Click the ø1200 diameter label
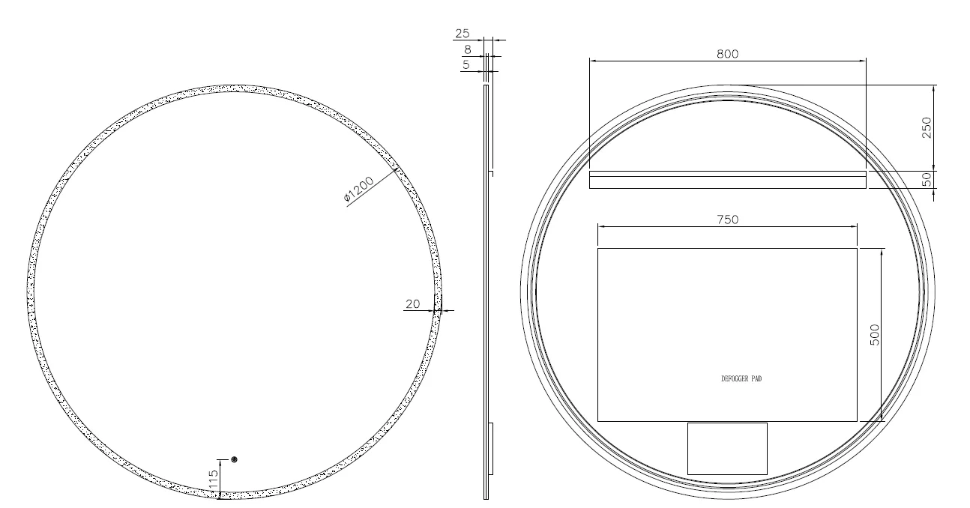[x=358, y=189]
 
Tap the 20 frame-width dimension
[x=413, y=304]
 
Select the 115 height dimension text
[x=213, y=480]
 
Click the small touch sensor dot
[x=235, y=459]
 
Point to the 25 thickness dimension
[x=463, y=33]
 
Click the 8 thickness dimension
[x=467, y=49]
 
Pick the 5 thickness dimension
[x=466, y=65]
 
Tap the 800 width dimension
[x=727, y=54]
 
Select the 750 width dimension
[x=727, y=220]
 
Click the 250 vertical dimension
[x=927, y=127]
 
